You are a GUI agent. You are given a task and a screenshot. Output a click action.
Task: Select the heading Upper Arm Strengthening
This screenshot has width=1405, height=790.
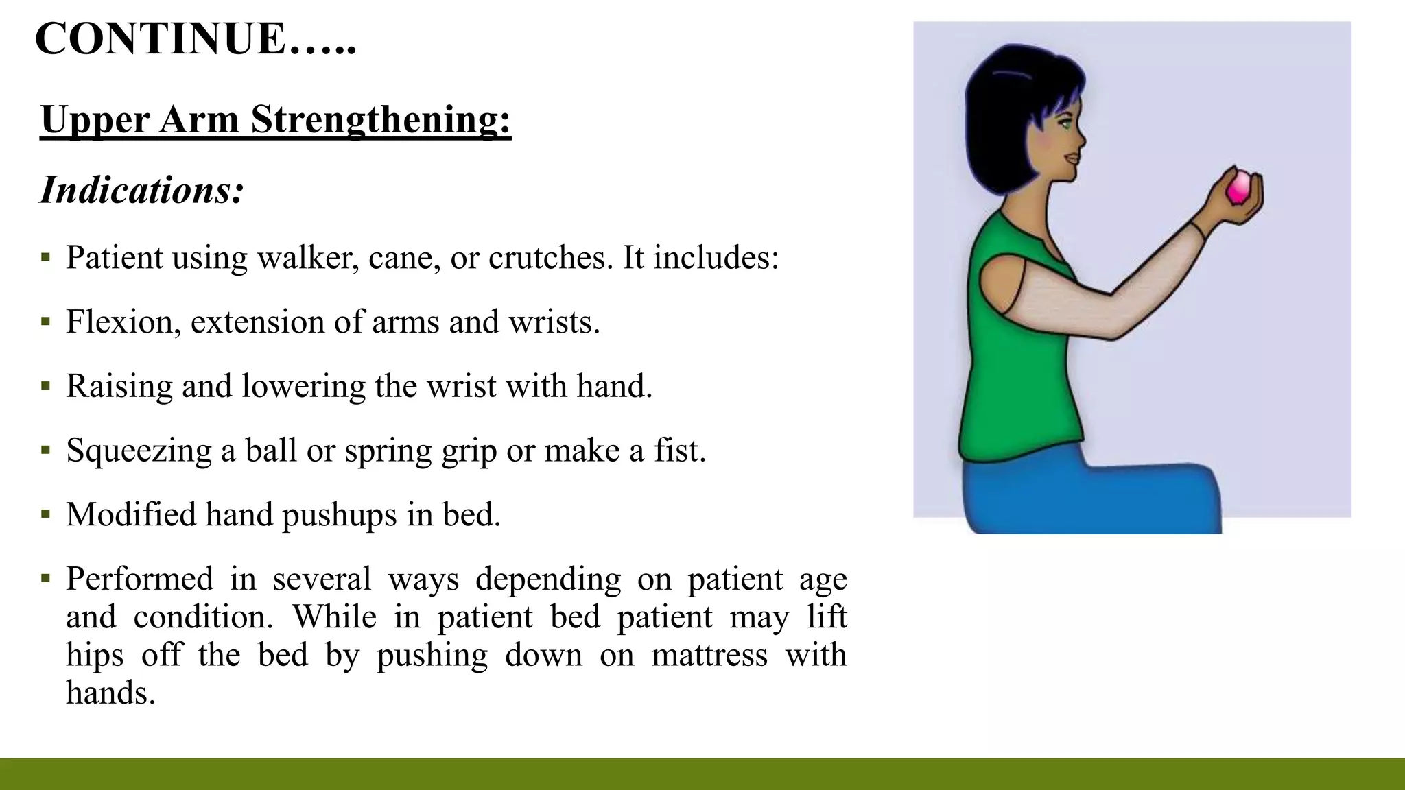pyautogui.click(x=275, y=119)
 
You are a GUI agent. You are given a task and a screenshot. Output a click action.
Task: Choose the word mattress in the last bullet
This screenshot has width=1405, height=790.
pyautogui.click(x=709, y=655)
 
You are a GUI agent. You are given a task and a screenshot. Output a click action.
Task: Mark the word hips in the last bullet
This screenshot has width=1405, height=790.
pyautogui.click(x=95, y=655)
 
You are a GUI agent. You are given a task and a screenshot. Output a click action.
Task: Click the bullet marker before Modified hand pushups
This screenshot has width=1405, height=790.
pyautogui.click(x=46, y=514)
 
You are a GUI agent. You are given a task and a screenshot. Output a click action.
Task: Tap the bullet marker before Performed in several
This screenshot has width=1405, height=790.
pyautogui.click(x=46, y=579)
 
